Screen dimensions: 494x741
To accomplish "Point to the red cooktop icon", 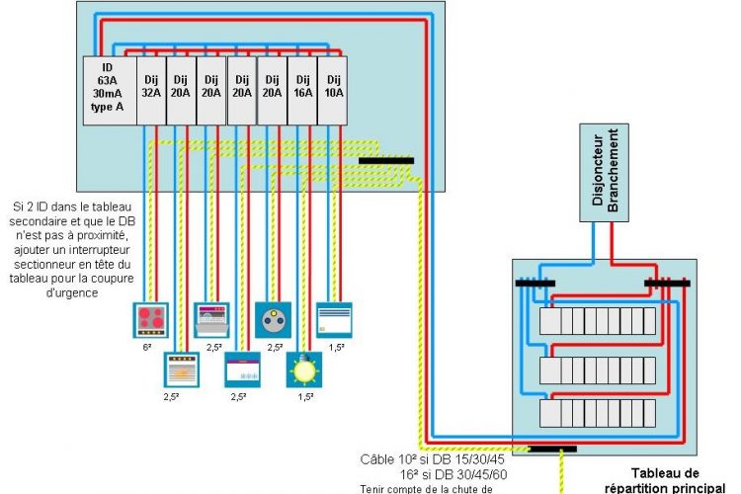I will pos(151,321).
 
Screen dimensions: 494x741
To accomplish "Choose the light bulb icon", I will pos(303,371).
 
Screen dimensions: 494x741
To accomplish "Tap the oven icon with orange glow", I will pos(182,371).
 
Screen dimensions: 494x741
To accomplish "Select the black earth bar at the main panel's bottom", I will pos(551,449).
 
